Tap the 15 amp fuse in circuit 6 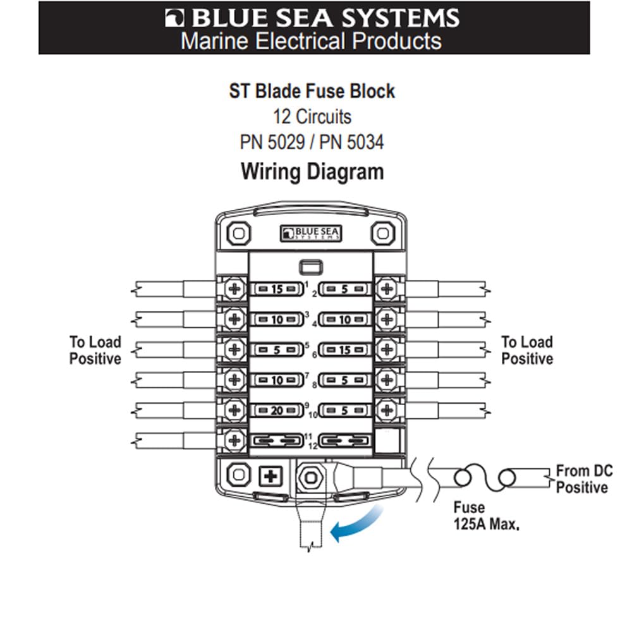(344, 350)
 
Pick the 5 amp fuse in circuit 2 (344, 290)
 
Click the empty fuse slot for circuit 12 (344, 441)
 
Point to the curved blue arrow (358, 524)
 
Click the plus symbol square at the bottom (270, 476)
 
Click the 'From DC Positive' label (581, 479)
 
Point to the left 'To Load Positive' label (95, 351)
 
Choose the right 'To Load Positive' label (527, 351)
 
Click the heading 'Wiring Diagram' (312, 172)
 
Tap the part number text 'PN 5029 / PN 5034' (312, 142)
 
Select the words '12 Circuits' (312, 117)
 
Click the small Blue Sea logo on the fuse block (310, 234)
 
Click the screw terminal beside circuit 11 (234, 440)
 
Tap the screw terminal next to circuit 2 (386, 290)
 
